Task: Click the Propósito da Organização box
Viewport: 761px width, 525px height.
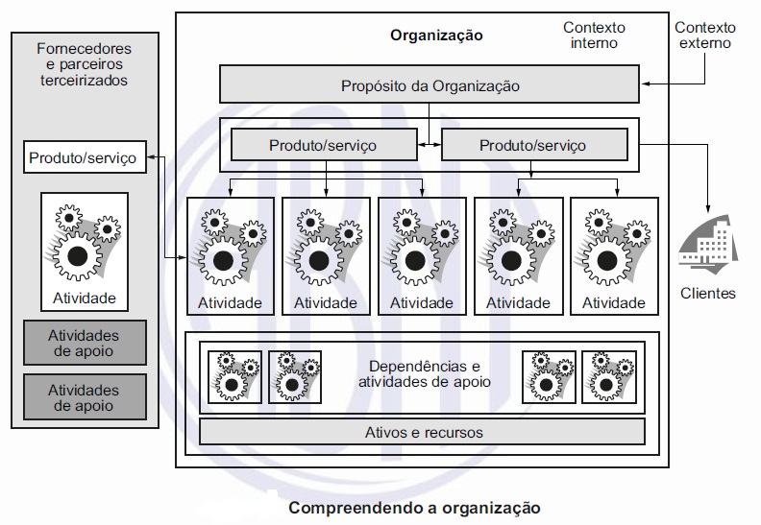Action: (430, 85)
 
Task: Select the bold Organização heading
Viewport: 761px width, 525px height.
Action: (436, 36)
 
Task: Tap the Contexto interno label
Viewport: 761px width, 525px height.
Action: (589, 36)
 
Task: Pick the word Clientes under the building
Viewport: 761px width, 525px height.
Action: (707, 293)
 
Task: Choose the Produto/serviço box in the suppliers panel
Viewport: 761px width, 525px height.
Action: (83, 156)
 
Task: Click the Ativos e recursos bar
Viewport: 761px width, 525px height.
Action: (424, 432)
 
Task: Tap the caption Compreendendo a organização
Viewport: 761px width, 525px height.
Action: (415, 506)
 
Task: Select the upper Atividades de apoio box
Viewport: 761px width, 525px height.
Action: (83, 343)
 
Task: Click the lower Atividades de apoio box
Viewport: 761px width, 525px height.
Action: (83, 397)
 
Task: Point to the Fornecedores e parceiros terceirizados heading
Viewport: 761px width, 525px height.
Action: (83, 64)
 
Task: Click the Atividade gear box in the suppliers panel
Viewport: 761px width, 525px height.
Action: (85, 251)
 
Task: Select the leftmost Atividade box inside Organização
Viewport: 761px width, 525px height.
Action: (229, 255)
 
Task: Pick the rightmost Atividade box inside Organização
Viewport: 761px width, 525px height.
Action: (613, 255)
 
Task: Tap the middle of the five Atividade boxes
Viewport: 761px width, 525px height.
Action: (421, 255)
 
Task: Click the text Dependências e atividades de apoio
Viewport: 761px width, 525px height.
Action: (424, 374)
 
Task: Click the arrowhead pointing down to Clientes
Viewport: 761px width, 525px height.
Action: (708, 210)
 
